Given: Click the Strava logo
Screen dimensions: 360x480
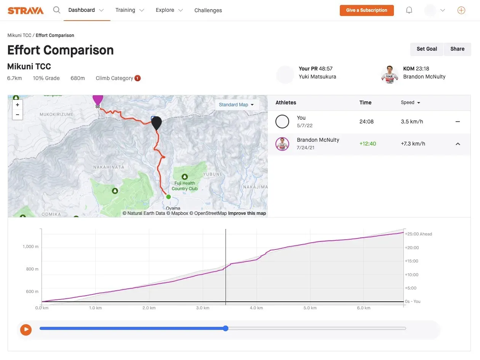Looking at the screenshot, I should coord(26,10).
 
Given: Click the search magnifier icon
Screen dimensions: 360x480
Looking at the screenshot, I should coord(57,10).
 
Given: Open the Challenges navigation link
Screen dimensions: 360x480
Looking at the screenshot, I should coord(208,10).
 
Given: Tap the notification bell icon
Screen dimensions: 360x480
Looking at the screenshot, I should coord(409,10).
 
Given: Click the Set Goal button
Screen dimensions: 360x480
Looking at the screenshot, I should coord(427,49).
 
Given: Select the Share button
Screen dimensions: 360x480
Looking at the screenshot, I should coord(457,49).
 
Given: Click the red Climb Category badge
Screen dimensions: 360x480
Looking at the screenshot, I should coord(138,78).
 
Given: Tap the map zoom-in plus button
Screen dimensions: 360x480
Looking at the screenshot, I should coord(18,105).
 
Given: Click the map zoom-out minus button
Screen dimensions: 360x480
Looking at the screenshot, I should coord(18,114).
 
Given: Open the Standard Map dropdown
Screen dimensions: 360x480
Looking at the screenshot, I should coord(237,105).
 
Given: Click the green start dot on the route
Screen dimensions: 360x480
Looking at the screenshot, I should coord(168,197).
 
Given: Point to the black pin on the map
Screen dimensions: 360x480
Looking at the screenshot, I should coord(156,123).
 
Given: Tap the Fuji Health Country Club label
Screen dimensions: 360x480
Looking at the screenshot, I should coord(185,186).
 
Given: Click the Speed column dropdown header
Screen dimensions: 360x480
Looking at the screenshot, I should coord(410,102).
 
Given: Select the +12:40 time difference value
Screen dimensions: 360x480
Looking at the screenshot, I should coord(368,144).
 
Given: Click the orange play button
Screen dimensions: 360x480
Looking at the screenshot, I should coord(26,329).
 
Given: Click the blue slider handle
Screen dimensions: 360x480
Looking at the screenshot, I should coord(226,328).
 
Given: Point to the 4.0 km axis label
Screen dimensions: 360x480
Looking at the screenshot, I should coord(256,308).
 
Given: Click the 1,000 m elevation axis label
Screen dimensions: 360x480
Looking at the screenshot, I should coord(30,246).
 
